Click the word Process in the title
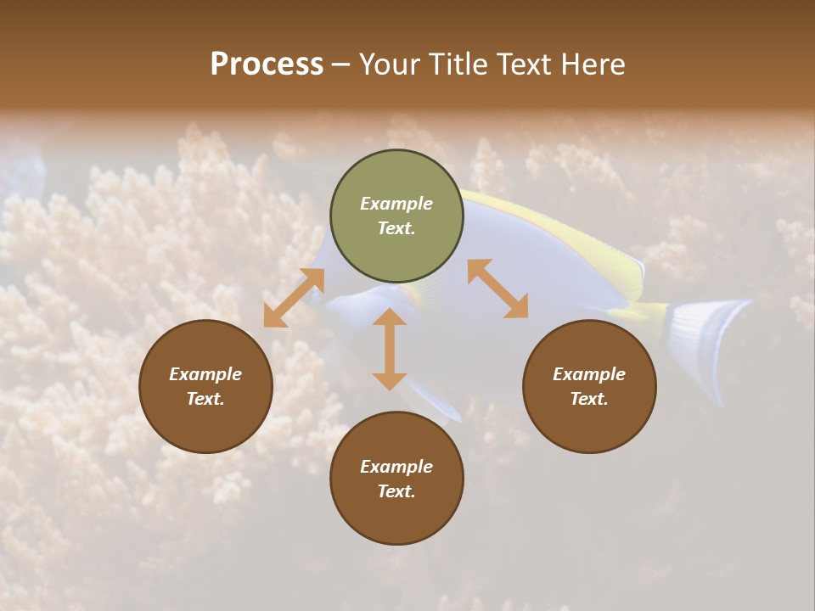[267, 64]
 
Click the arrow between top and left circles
[294, 298]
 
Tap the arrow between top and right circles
[497, 289]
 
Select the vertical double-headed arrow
[390, 349]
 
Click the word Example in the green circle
[396, 204]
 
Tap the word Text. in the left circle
[205, 399]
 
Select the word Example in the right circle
[589, 374]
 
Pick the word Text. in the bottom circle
[396, 491]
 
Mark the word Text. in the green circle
[396, 228]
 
